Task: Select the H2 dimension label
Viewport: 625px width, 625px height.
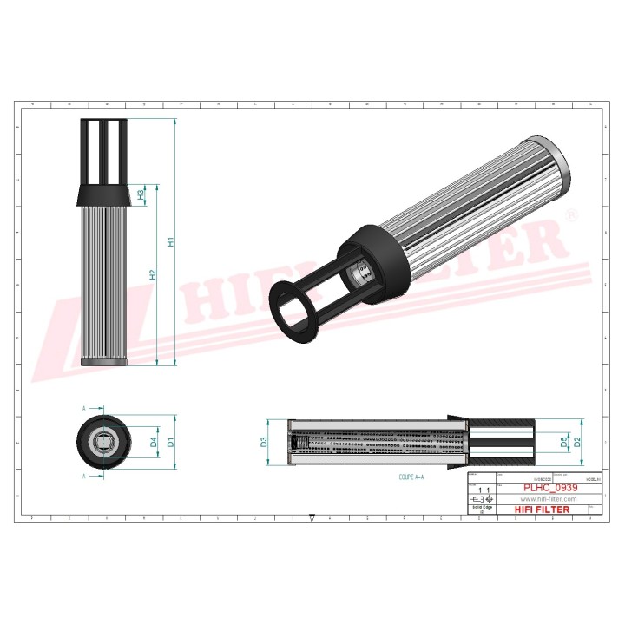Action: [153, 274]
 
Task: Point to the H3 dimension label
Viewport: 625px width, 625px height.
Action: [141, 195]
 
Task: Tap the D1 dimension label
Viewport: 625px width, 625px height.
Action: [171, 442]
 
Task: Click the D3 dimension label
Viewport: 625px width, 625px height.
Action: [264, 444]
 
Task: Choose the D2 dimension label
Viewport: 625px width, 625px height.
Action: [576, 443]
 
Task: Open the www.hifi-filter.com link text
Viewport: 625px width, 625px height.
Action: [549, 499]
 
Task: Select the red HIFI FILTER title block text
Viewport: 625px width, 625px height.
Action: [543, 510]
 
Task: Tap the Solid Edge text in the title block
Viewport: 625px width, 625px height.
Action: [480, 506]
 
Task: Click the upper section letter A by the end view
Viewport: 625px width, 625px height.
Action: [84, 407]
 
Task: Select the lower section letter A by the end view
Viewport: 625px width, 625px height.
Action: [84, 477]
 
